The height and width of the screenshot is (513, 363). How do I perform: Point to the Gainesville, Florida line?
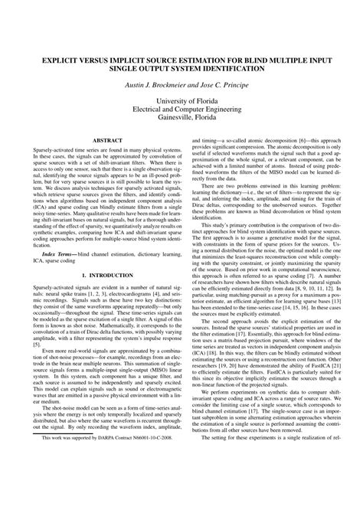tap(181, 119)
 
